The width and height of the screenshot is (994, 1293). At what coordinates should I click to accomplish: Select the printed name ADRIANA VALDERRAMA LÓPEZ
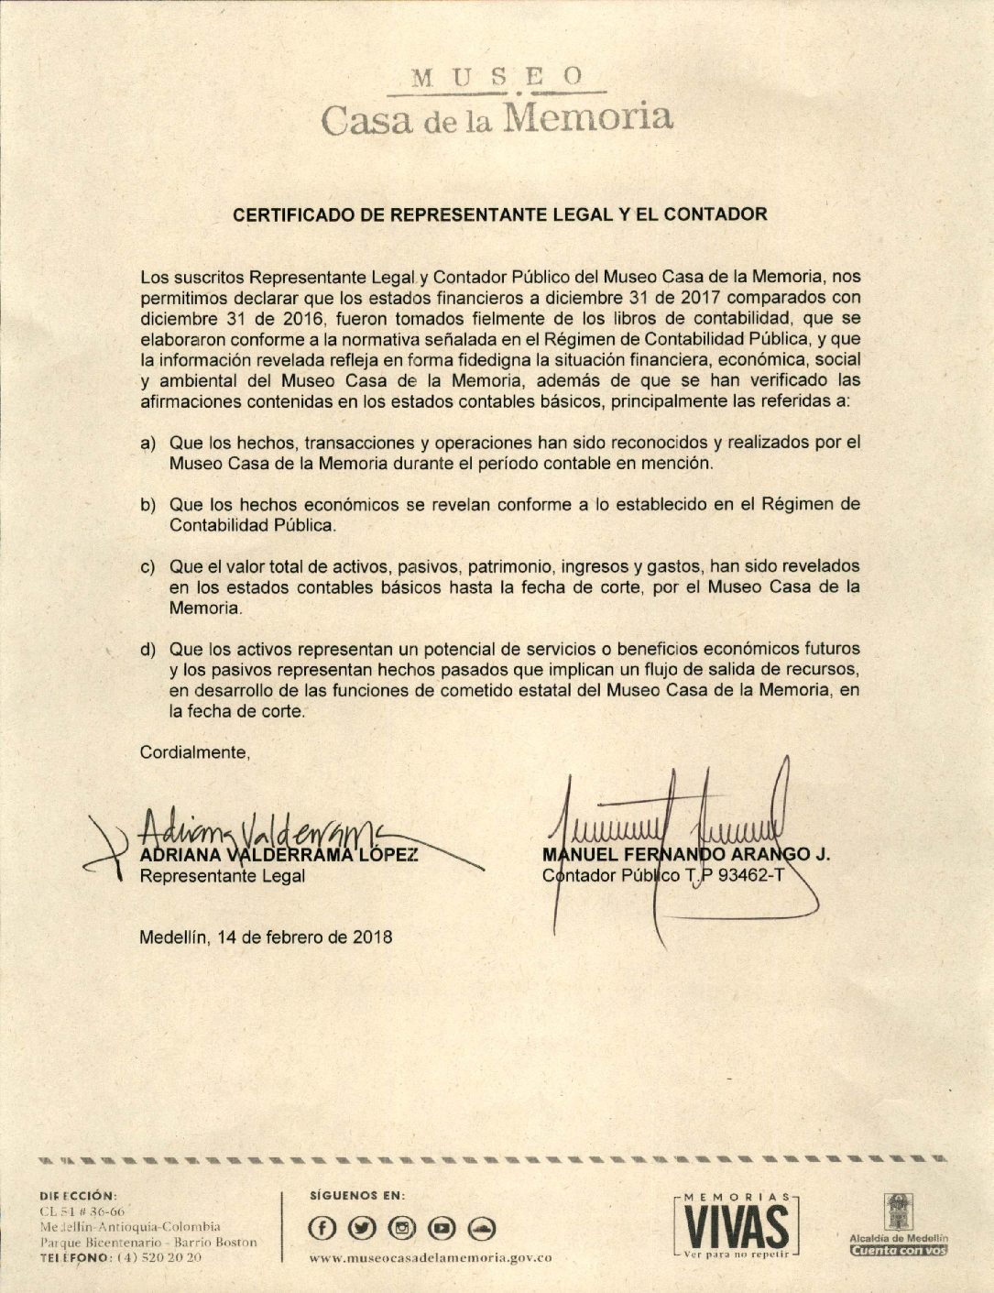pyautogui.click(x=279, y=856)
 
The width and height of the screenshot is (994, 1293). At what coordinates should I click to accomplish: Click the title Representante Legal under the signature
pyautogui.click(x=223, y=876)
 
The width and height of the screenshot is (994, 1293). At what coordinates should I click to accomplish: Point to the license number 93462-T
pyautogui.click(x=751, y=876)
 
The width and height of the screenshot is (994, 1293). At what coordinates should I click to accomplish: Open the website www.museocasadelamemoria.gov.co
pyautogui.click(x=431, y=1259)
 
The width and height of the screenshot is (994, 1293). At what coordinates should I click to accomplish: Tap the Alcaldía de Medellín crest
pyautogui.click(x=897, y=1211)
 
